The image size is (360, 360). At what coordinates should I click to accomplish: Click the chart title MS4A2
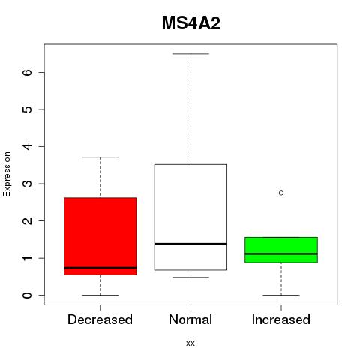click(x=191, y=23)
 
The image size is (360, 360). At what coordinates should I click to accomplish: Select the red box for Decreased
click(x=100, y=236)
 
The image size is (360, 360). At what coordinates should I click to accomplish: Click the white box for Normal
click(x=190, y=217)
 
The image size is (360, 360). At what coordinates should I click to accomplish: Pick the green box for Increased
click(x=281, y=250)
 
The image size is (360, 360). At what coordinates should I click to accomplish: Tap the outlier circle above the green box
click(x=281, y=193)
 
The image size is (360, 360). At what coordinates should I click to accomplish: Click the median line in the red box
click(x=100, y=268)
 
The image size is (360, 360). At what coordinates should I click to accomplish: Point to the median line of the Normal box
click(x=190, y=244)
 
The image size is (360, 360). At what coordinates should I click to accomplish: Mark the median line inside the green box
click(x=281, y=253)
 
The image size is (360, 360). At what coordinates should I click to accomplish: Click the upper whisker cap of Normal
click(x=190, y=54)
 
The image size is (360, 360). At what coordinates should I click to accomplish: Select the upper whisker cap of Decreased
click(x=100, y=157)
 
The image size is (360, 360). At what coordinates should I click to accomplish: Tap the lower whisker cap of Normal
click(x=190, y=277)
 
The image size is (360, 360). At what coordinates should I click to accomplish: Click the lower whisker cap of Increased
click(x=281, y=295)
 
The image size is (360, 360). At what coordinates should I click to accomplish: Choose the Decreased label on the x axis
click(x=100, y=319)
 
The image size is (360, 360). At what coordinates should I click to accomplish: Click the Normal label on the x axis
click(x=190, y=319)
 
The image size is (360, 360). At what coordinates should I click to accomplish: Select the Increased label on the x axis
click(x=281, y=319)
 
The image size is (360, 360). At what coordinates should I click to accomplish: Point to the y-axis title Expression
click(x=7, y=174)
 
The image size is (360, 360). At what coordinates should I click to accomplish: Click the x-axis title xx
click(x=190, y=343)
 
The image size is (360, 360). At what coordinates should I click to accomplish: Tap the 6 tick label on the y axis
click(x=27, y=72)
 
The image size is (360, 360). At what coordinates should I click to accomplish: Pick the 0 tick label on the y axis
click(x=27, y=295)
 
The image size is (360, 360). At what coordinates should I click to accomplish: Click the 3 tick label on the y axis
click(x=27, y=184)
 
